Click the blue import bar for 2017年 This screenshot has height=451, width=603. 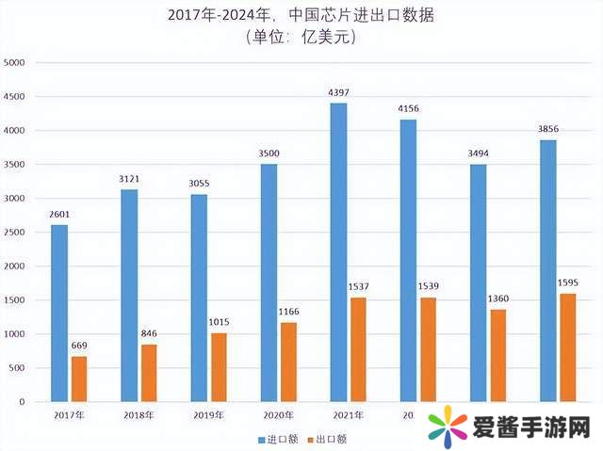[x=59, y=313]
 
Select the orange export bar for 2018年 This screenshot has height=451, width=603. [x=150, y=373]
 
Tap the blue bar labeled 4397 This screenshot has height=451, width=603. [x=338, y=252]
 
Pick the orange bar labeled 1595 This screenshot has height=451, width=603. [x=568, y=347]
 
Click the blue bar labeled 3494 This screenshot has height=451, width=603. [x=478, y=282]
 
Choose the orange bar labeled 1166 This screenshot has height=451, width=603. [x=289, y=362]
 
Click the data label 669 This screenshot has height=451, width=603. [x=80, y=346]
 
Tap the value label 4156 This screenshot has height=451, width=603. [x=408, y=109]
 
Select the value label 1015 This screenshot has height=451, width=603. [x=220, y=323]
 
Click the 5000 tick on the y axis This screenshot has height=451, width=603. [x=16, y=63]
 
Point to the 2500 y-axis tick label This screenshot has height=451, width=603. [x=16, y=233]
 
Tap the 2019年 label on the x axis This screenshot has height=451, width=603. [x=208, y=414]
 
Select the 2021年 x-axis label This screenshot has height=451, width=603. [x=348, y=414]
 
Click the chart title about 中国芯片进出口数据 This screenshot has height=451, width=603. [x=301, y=16]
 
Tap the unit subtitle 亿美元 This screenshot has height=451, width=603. [x=301, y=38]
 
